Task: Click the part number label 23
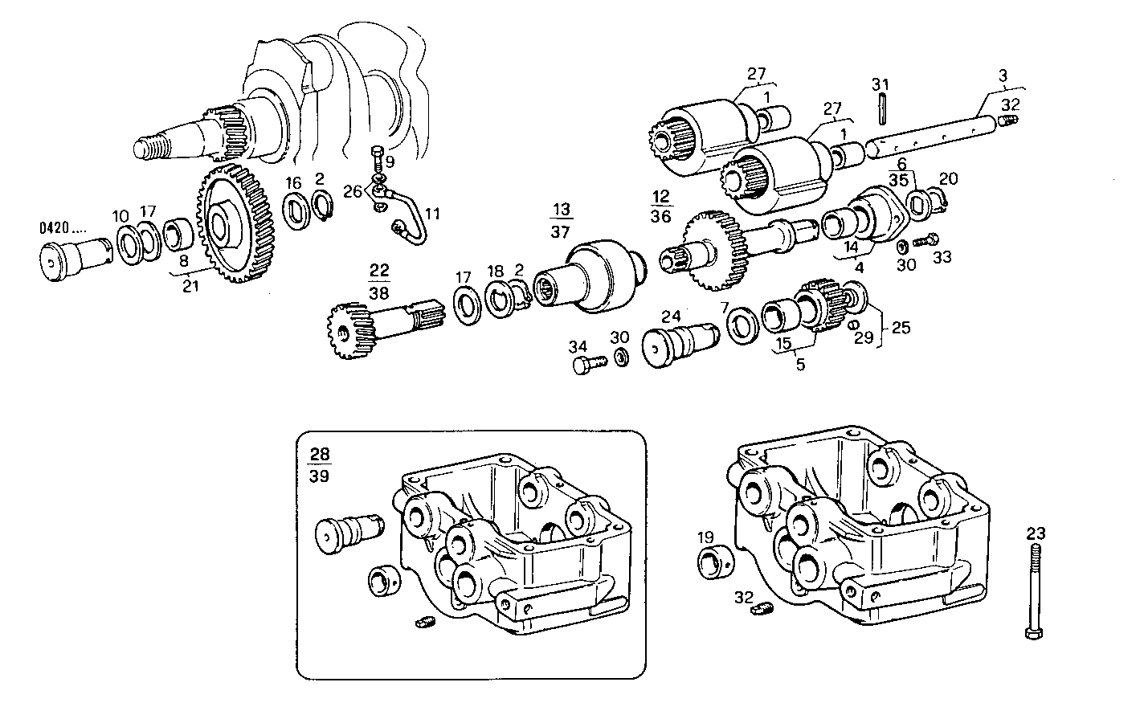click(1036, 532)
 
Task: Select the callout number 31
click(881, 84)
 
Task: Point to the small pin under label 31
click(881, 109)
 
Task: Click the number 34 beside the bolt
click(578, 347)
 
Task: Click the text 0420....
click(54, 227)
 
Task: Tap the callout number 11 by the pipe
click(433, 214)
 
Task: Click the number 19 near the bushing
click(705, 537)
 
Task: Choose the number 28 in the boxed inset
click(320, 456)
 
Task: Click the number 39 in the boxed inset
click(320, 476)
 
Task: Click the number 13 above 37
click(560, 210)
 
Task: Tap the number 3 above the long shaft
click(1002, 76)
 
